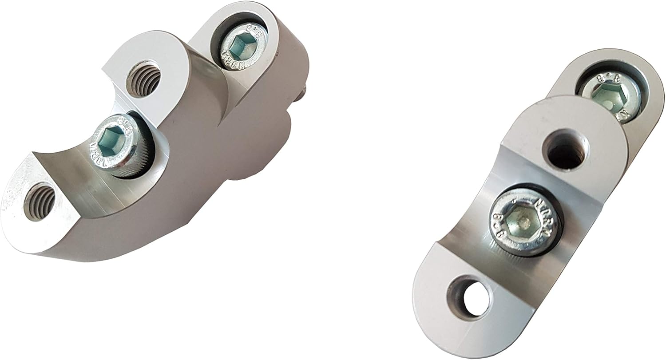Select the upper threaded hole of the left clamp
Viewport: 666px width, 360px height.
pyautogui.click(x=143, y=79)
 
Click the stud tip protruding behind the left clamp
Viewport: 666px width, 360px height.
pyautogui.click(x=303, y=92)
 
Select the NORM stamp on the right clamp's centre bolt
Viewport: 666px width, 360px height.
pyautogui.click(x=544, y=209)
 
